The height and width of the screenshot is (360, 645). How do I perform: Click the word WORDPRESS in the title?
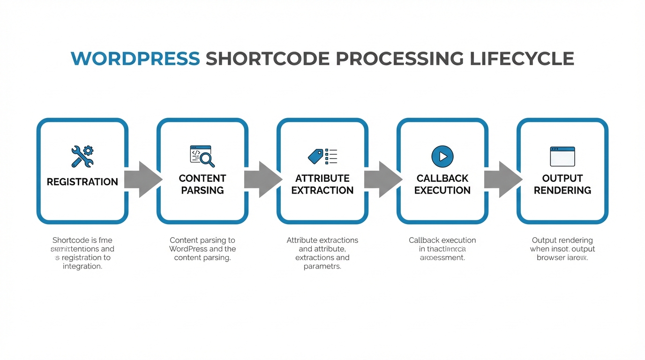(135, 59)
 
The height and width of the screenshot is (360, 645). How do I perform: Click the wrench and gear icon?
(82, 156)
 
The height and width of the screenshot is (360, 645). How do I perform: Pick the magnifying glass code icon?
(202, 156)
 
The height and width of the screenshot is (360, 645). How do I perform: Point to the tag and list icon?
(322, 156)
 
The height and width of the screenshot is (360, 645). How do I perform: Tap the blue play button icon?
(442, 156)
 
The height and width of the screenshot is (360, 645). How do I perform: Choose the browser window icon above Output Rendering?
(562, 156)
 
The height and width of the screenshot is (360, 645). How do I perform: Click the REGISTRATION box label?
(82, 182)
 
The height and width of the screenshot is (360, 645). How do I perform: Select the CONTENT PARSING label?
(202, 184)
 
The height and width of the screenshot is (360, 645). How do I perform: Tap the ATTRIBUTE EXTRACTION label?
(322, 184)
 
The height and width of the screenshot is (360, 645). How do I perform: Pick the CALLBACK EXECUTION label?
(442, 184)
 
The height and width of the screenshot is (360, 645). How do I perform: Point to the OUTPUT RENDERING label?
(562, 184)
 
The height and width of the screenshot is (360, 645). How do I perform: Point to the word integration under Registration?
(82, 267)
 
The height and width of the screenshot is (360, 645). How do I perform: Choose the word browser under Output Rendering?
(551, 258)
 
